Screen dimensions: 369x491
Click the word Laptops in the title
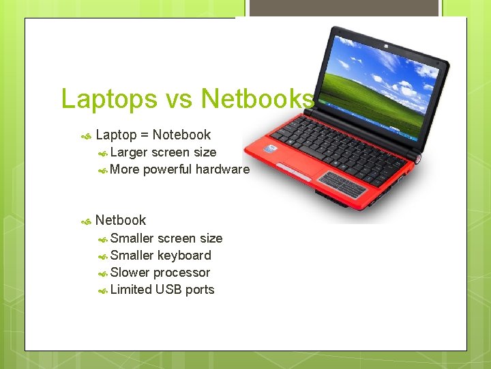pyautogui.click(x=109, y=99)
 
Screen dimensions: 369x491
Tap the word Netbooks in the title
pyautogui.click(x=258, y=99)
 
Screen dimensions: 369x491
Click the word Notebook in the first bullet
pyautogui.click(x=181, y=135)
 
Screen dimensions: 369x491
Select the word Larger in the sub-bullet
pyautogui.click(x=129, y=152)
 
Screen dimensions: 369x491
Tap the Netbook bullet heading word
pyautogui.click(x=121, y=220)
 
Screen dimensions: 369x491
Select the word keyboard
pyautogui.click(x=184, y=256)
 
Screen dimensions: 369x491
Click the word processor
pyautogui.click(x=181, y=273)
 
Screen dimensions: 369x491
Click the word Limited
pyautogui.click(x=131, y=290)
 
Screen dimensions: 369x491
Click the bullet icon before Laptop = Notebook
pyautogui.click(x=86, y=137)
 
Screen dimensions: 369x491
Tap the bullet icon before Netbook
pyautogui.click(x=86, y=221)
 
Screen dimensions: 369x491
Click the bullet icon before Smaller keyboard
pyautogui.click(x=102, y=257)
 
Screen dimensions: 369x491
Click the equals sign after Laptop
pyautogui.click(x=145, y=135)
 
